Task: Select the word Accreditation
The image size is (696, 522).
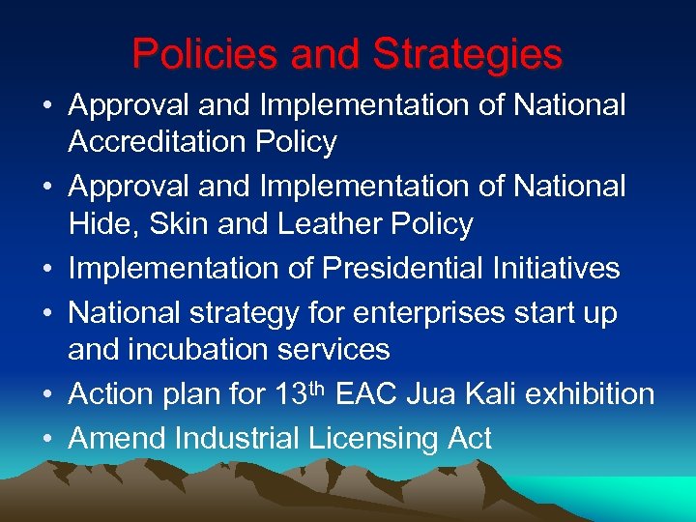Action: coord(159,142)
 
